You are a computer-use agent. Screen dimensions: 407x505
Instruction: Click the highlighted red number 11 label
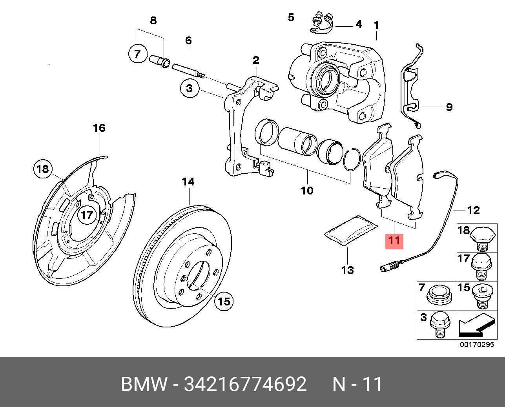click(394, 240)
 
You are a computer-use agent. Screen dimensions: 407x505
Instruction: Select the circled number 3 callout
click(190, 88)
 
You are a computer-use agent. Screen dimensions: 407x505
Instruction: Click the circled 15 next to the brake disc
click(224, 301)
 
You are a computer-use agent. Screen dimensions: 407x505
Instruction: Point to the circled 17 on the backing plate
click(87, 214)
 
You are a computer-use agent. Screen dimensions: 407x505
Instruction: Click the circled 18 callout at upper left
click(42, 169)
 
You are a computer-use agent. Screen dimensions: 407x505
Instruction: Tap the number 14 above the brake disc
click(188, 182)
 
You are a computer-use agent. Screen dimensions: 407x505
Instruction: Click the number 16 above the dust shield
click(99, 128)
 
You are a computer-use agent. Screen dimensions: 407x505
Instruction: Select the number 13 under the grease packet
click(347, 270)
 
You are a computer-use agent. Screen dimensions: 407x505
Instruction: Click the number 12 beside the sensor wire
click(474, 211)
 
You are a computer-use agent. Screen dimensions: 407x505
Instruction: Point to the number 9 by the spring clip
click(449, 107)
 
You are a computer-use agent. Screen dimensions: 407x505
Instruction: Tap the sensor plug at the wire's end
click(389, 268)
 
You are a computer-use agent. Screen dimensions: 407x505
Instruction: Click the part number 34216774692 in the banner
click(245, 384)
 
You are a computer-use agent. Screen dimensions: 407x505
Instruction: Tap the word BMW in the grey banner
click(144, 384)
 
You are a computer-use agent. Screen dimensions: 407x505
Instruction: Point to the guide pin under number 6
click(188, 69)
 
